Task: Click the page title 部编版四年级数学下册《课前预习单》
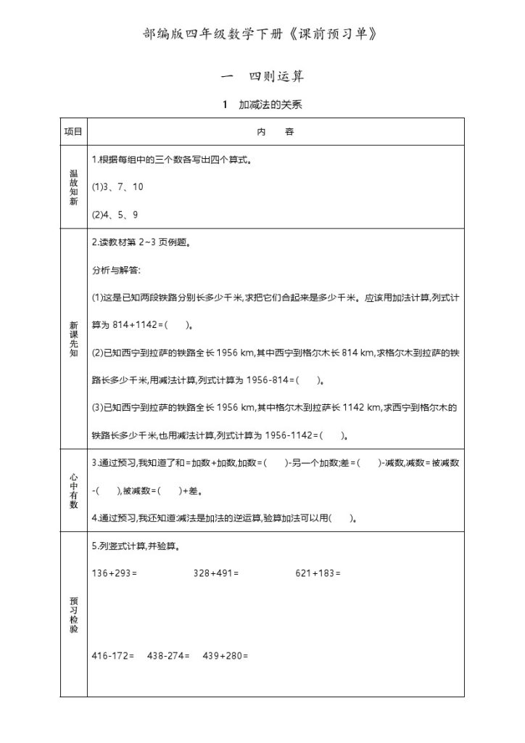[262, 34]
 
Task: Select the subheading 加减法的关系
[262, 104]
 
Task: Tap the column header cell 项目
[73, 132]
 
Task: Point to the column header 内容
[276, 132]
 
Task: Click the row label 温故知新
[73, 187]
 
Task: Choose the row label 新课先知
[73, 340]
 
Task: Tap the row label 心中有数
[73, 490]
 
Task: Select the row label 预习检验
[73, 615]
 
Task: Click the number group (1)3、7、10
[117, 187]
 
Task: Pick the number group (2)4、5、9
[115, 215]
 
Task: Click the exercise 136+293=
[115, 573]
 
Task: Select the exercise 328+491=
[216, 573]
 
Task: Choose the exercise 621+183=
[318, 573]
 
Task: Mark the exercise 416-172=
[113, 657]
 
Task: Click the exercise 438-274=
[168, 657]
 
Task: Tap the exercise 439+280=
[226, 657]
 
